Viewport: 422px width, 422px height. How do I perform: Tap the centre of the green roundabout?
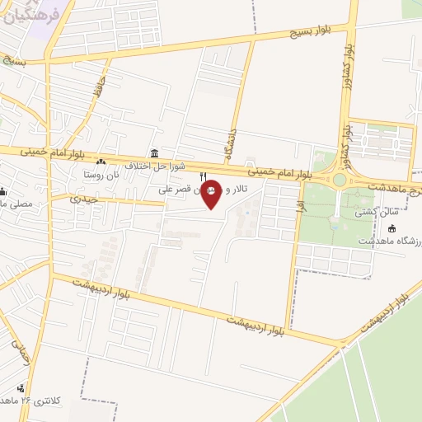[x=339, y=180]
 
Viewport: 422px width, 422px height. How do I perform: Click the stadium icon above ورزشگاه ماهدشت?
[x=392, y=227]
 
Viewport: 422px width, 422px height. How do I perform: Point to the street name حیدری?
[x=84, y=198]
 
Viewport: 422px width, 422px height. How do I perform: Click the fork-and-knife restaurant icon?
[x=203, y=177]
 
